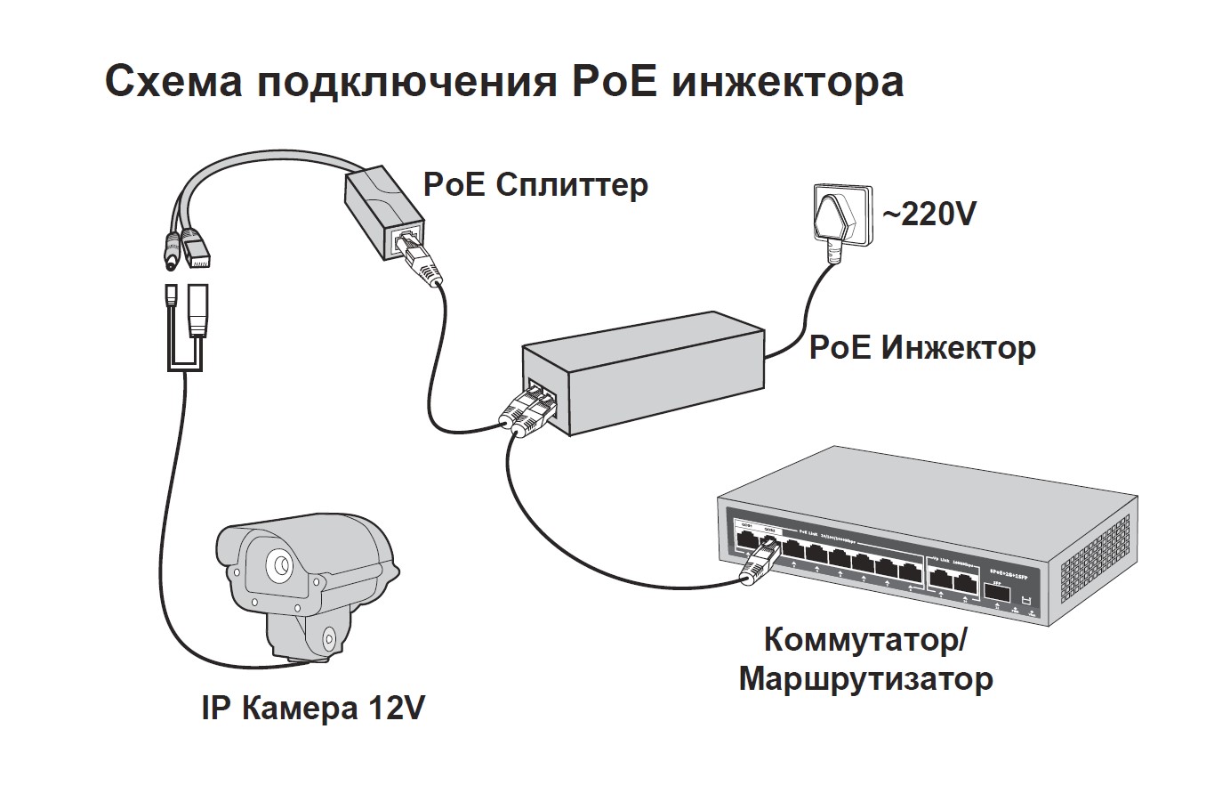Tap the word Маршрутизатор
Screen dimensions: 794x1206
coord(865,680)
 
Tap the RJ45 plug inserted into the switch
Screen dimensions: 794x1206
coord(754,566)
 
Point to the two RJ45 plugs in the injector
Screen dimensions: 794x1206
coord(530,410)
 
